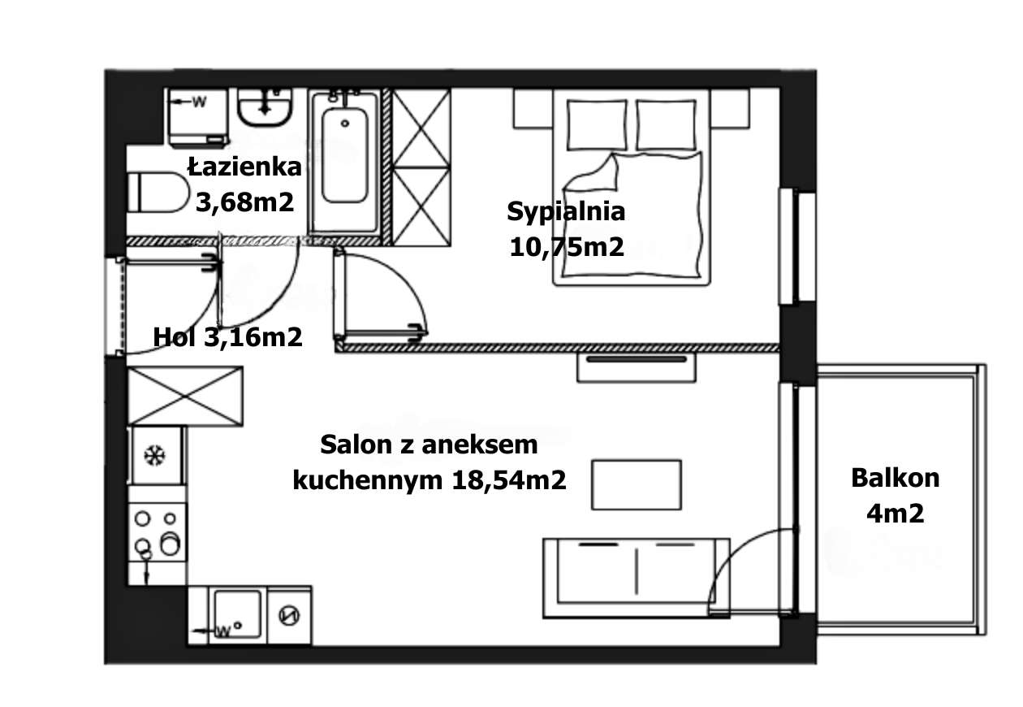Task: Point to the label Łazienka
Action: pyautogui.click(x=244, y=167)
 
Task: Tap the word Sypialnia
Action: pyautogui.click(x=566, y=212)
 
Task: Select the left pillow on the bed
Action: pyautogui.click(x=596, y=124)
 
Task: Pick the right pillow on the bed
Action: pyautogui.click(x=666, y=124)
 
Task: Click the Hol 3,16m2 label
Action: pyautogui.click(x=228, y=336)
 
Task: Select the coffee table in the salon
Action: pyautogui.click(x=636, y=484)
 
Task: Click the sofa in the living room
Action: pyautogui.click(x=636, y=577)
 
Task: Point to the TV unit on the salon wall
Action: pyautogui.click(x=637, y=367)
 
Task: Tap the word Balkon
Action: pyautogui.click(x=895, y=478)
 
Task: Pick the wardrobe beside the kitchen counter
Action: pyautogui.click(x=186, y=396)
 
